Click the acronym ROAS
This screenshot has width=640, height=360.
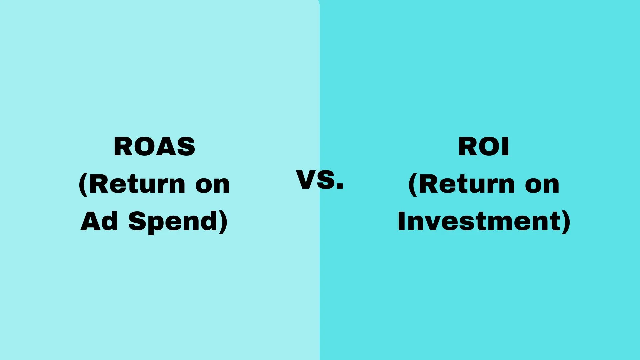pyautogui.click(x=154, y=147)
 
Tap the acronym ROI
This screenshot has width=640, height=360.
pyautogui.click(x=484, y=147)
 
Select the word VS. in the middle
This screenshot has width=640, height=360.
pyautogui.click(x=319, y=180)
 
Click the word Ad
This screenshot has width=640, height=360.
pyautogui.click(x=99, y=221)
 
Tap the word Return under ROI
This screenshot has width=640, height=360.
pyautogui.click(x=467, y=184)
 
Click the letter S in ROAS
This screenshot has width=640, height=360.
pyautogui.click(x=185, y=147)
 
